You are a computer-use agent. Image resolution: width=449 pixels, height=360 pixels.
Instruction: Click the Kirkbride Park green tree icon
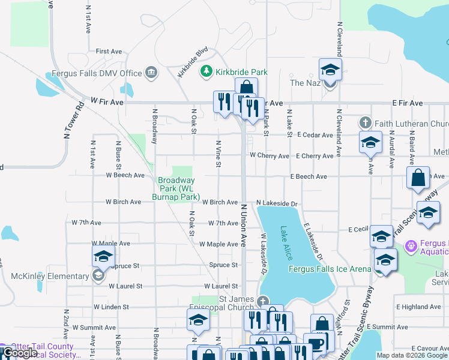(x=206, y=72)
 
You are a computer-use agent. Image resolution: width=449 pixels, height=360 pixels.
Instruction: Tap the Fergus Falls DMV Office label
(x=97, y=73)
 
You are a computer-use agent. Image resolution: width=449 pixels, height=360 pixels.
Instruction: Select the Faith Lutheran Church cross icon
(x=365, y=123)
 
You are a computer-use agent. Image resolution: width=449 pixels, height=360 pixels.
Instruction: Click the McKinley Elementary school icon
(x=97, y=276)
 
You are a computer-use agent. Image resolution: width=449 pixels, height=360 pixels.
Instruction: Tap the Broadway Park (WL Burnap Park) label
(x=178, y=188)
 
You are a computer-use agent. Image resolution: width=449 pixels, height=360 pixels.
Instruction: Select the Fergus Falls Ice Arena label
(x=330, y=269)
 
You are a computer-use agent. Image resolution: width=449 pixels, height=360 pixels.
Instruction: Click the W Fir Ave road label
(x=107, y=103)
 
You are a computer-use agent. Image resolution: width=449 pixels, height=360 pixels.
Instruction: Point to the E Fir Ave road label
(x=408, y=103)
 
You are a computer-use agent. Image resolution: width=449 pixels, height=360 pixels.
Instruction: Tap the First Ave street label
(x=109, y=52)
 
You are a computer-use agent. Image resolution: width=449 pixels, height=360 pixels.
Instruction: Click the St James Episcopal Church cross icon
(x=262, y=301)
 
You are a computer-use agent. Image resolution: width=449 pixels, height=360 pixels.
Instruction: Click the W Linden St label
(x=116, y=307)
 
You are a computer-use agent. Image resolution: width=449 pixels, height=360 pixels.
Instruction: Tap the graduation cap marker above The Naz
(x=330, y=70)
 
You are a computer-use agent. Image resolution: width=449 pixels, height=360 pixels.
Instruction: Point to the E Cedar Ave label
(x=315, y=136)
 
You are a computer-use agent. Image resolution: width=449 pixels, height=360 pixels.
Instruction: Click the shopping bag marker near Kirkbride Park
(x=246, y=89)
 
